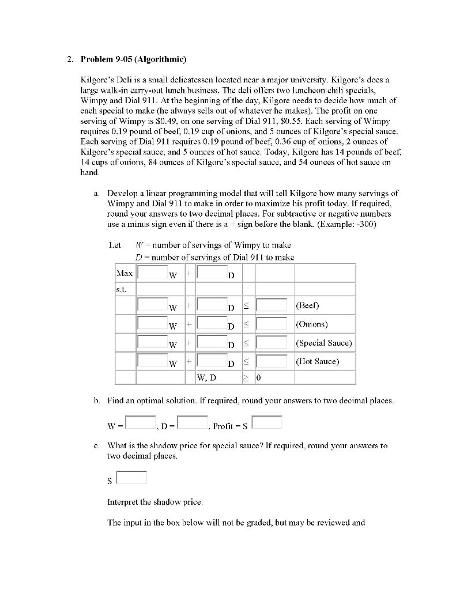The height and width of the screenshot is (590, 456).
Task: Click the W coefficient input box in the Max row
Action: coord(152,271)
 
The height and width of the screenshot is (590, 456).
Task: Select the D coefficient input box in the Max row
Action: coord(212,271)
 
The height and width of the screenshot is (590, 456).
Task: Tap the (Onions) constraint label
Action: coord(311,324)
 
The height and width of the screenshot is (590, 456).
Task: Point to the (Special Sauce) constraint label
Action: coord(323,343)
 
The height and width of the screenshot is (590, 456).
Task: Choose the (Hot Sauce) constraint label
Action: coord(317,361)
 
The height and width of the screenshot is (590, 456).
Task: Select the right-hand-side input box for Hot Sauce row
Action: coord(272,361)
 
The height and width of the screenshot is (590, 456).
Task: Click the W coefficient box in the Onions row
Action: coord(152,324)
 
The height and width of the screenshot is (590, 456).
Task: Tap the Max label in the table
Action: coord(125,272)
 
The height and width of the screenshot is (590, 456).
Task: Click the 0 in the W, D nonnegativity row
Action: coord(259,379)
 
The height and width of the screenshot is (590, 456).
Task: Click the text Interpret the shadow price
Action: coord(155,502)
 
